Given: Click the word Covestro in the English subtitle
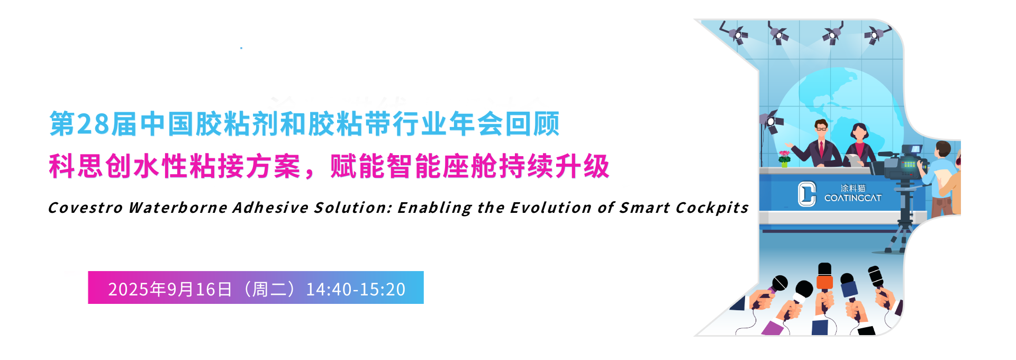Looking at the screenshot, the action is (x=85, y=208).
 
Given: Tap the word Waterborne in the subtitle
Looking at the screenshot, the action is (x=178, y=208).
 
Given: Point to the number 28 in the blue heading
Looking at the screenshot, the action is (x=93, y=124).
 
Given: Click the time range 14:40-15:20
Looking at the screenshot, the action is (x=356, y=290).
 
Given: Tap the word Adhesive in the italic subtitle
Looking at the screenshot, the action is (x=270, y=208).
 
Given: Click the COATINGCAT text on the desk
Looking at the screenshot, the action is (x=853, y=198).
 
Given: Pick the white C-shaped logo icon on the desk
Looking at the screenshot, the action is (x=807, y=194).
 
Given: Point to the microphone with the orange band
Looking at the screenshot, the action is (x=824, y=281).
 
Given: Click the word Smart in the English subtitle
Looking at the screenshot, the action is (x=645, y=208).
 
